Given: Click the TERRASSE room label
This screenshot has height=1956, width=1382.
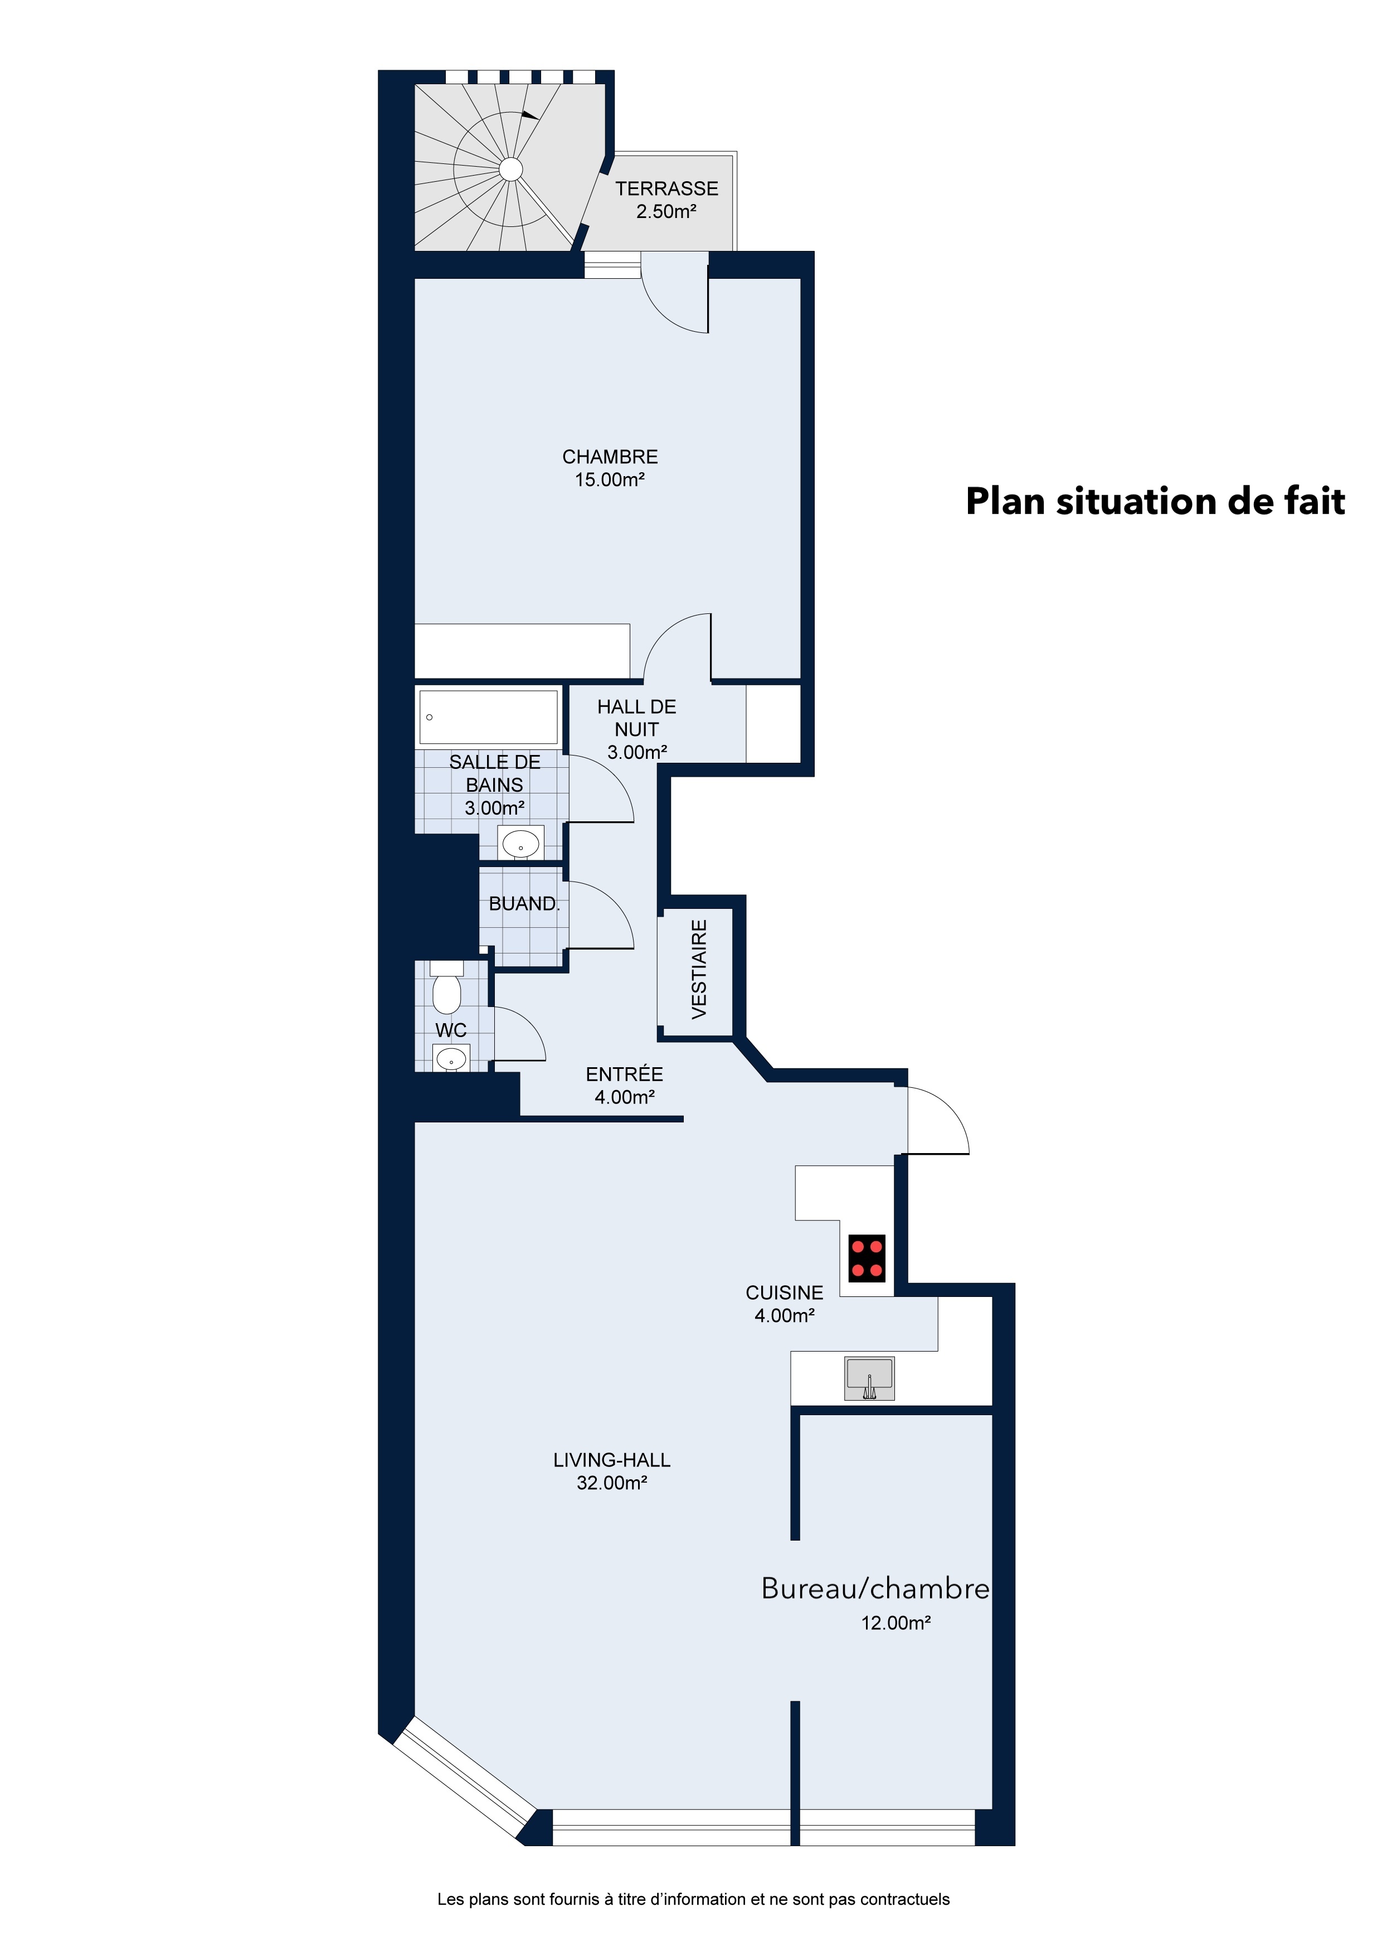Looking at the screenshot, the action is (x=666, y=188).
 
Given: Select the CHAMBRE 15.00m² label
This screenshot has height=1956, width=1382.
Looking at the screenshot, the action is (x=610, y=468).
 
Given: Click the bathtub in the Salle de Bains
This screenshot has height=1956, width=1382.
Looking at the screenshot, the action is (x=488, y=716).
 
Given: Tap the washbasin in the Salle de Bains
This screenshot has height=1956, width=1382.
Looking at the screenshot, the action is (x=520, y=844).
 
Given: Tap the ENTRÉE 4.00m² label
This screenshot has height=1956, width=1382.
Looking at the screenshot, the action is (x=624, y=1086).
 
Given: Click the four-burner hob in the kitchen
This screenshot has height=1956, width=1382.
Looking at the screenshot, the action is (x=867, y=1258).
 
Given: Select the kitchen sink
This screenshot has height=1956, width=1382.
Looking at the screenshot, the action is (x=869, y=1378).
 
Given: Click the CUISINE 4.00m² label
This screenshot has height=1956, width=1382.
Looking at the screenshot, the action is (x=784, y=1304).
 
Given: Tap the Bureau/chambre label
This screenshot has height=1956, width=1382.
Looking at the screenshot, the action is (x=875, y=1589).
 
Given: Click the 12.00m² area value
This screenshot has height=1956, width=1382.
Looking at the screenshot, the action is (x=896, y=1623).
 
